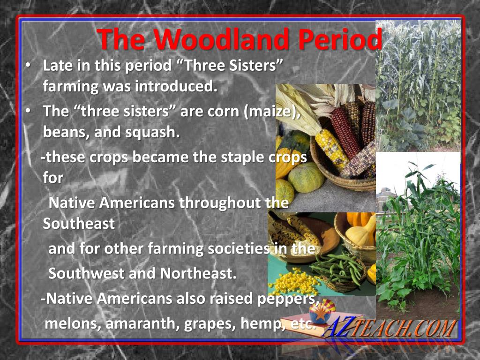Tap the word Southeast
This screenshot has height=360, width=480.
coord(79,224)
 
